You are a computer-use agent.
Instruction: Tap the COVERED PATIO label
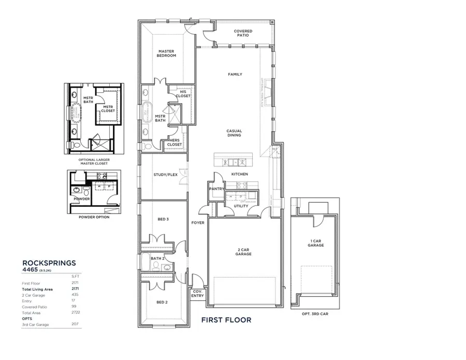click(243, 33)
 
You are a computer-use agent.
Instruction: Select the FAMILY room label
click(235, 75)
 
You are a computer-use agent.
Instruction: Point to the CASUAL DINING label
click(234, 133)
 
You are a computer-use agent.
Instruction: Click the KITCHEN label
click(239, 174)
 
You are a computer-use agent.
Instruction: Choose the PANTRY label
click(217, 189)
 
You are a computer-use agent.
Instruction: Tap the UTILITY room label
click(241, 206)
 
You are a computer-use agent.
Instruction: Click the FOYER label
click(198, 223)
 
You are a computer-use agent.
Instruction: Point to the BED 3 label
click(163, 220)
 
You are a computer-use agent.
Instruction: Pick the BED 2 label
click(163, 302)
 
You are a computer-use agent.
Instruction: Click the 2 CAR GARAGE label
click(243, 251)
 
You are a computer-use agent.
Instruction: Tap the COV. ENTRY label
click(198, 293)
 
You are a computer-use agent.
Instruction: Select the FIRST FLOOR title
click(226, 320)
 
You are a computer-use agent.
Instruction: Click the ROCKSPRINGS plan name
click(49, 263)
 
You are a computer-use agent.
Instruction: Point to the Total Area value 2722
click(75, 312)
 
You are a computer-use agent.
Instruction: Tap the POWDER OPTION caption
click(94, 218)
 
